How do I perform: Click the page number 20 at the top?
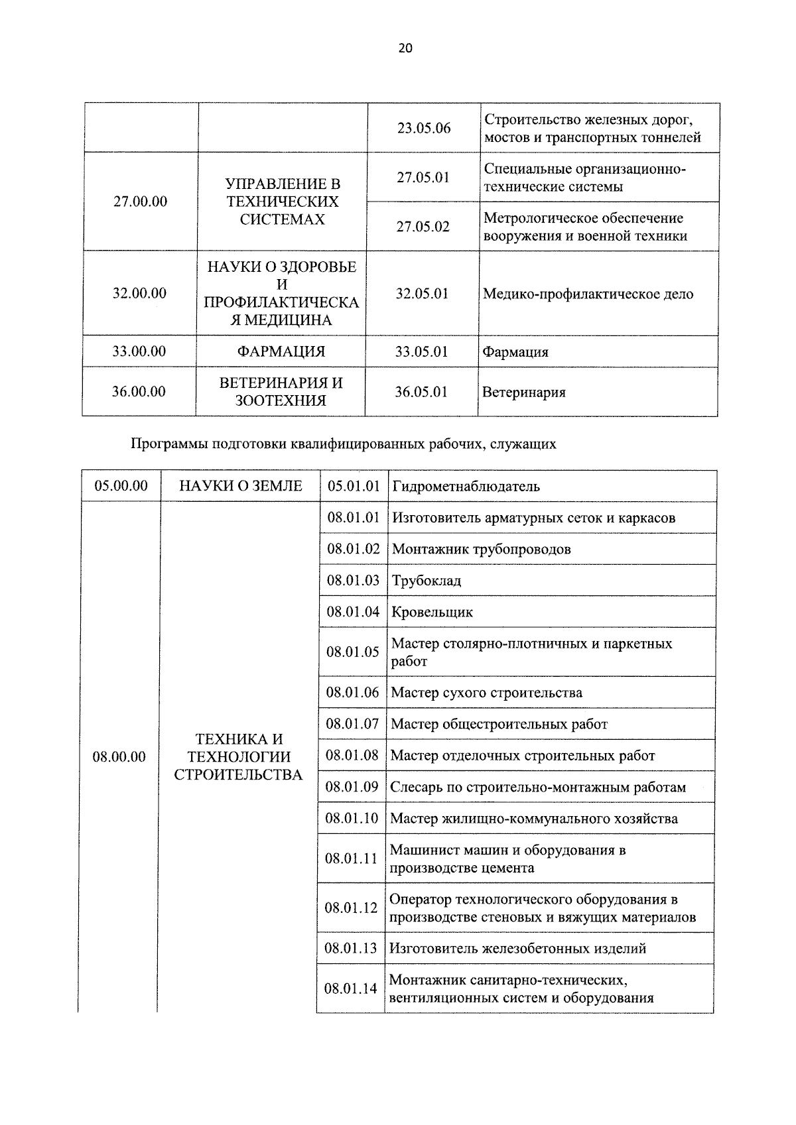(x=405, y=48)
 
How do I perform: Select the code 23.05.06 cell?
(x=424, y=128)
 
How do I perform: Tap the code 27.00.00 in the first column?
(x=140, y=202)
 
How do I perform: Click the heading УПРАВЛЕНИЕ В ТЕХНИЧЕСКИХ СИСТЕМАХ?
(x=283, y=202)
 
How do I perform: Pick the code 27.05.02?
(x=423, y=227)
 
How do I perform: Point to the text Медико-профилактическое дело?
(x=588, y=294)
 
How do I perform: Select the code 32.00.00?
(x=139, y=293)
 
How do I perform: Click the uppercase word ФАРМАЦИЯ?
(x=281, y=352)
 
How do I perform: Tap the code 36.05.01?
(x=422, y=392)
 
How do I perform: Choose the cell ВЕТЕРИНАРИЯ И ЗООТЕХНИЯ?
(x=281, y=392)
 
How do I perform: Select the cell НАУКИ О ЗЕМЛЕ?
(x=241, y=486)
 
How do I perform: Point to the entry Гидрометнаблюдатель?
(x=466, y=487)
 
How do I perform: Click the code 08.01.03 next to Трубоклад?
(x=353, y=581)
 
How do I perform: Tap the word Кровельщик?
(x=432, y=613)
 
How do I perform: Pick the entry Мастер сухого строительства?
(x=486, y=693)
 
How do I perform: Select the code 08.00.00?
(x=119, y=756)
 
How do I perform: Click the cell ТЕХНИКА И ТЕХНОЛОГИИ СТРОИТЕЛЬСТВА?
(x=239, y=756)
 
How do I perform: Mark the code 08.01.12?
(x=351, y=908)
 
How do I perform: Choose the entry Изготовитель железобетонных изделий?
(x=517, y=949)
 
